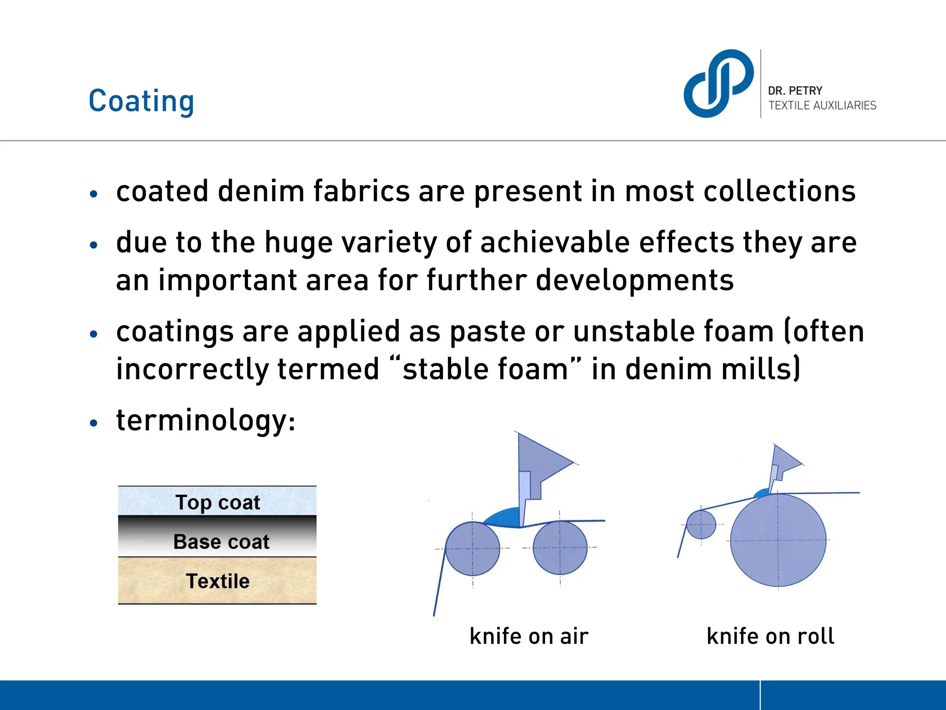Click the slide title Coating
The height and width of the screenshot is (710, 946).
pos(141,101)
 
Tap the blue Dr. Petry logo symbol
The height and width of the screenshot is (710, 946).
pos(718,83)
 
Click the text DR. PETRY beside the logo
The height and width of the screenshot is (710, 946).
pos(795,91)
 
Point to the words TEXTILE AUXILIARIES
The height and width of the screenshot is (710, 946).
pos(822,105)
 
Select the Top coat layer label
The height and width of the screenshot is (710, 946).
pos(218,502)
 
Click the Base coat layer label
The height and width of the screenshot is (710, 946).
pos(221,542)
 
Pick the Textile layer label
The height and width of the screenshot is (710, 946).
pos(218,581)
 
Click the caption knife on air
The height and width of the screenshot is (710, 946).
pos(529,636)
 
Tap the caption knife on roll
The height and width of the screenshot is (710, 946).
pos(770,636)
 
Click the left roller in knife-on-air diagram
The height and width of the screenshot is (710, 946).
pos(473,549)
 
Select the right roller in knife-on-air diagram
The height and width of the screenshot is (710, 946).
pos(560,548)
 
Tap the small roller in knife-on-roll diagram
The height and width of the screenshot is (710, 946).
pos(701,525)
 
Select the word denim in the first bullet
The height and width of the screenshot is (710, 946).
pos(261,191)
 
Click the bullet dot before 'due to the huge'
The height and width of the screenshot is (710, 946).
pos(94,245)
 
